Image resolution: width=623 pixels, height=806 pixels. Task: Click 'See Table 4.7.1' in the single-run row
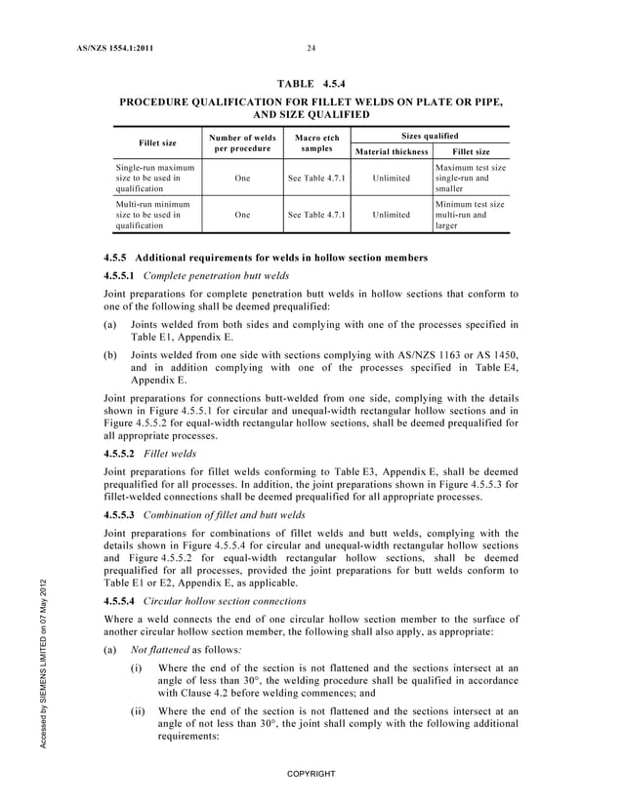click(x=313, y=179)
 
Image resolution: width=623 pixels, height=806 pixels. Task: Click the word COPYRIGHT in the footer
click(x=311, y=774)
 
